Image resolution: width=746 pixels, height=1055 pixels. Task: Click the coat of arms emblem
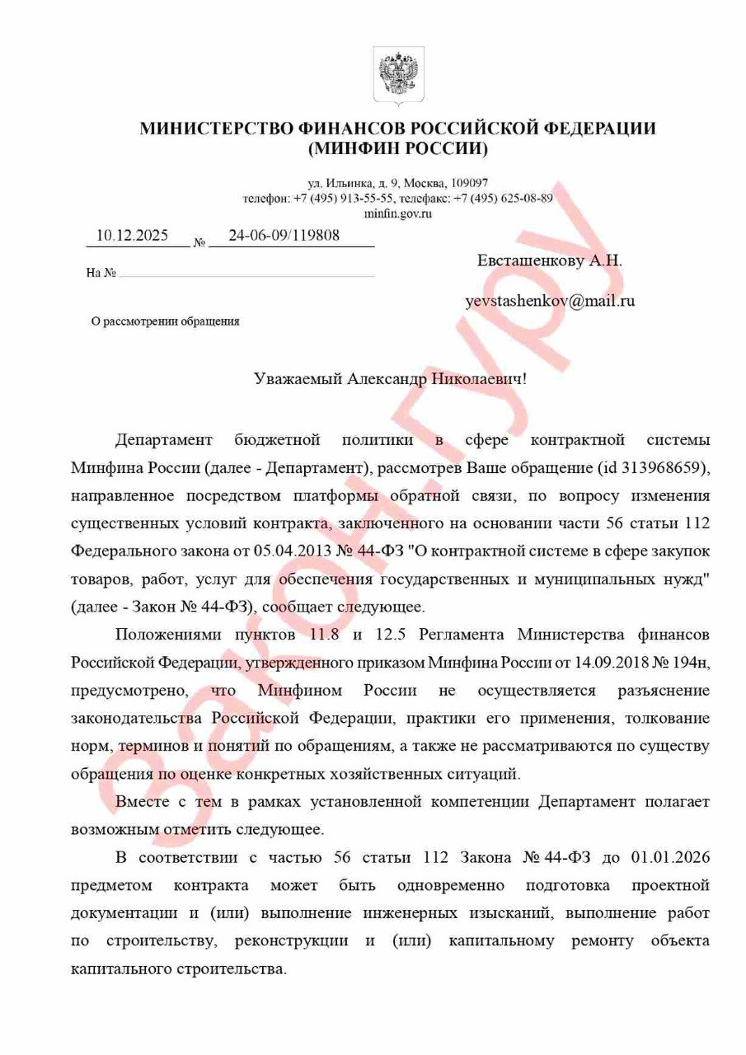pos(398,75)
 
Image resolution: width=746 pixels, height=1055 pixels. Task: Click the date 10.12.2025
pos(132,236)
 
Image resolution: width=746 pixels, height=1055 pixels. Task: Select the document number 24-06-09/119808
pos(284,236)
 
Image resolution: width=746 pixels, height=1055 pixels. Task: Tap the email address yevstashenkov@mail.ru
pos(550,301)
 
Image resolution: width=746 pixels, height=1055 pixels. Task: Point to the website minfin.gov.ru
pos(398,213)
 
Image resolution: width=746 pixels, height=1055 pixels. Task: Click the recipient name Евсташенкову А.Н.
pos(550,260)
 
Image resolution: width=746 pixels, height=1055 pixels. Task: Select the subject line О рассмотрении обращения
pos(165,321)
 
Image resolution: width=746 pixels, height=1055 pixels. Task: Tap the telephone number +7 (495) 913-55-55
pos(345,199)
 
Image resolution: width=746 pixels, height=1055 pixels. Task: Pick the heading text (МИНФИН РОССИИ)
pos(398,149)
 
